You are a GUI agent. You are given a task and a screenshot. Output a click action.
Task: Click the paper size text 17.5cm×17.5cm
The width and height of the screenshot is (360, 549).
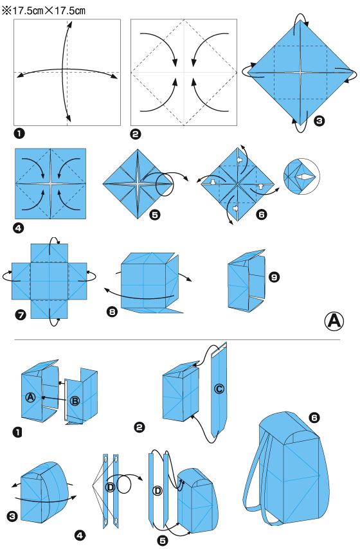[44, 11]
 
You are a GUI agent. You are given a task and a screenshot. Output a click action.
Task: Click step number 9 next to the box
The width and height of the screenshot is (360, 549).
[274, 277]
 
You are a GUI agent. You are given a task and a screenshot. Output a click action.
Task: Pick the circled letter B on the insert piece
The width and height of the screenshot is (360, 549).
[74, 401]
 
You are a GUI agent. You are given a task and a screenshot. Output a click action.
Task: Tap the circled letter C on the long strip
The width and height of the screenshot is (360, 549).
[219, 388]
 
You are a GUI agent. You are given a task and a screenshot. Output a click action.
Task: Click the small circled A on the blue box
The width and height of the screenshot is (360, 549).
[30, 397]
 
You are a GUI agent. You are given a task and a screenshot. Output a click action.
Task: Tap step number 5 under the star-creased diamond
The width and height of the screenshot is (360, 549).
[154, 216]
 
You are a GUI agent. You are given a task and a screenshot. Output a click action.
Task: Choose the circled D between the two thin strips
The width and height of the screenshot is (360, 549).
[110, 487]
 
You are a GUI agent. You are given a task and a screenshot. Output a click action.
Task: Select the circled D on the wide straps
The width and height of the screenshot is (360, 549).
[158, 492]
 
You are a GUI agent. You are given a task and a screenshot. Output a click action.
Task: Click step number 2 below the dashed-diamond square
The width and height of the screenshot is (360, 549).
[136, 134]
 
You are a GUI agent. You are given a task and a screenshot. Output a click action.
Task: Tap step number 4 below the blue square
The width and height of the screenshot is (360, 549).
[19, 228]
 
